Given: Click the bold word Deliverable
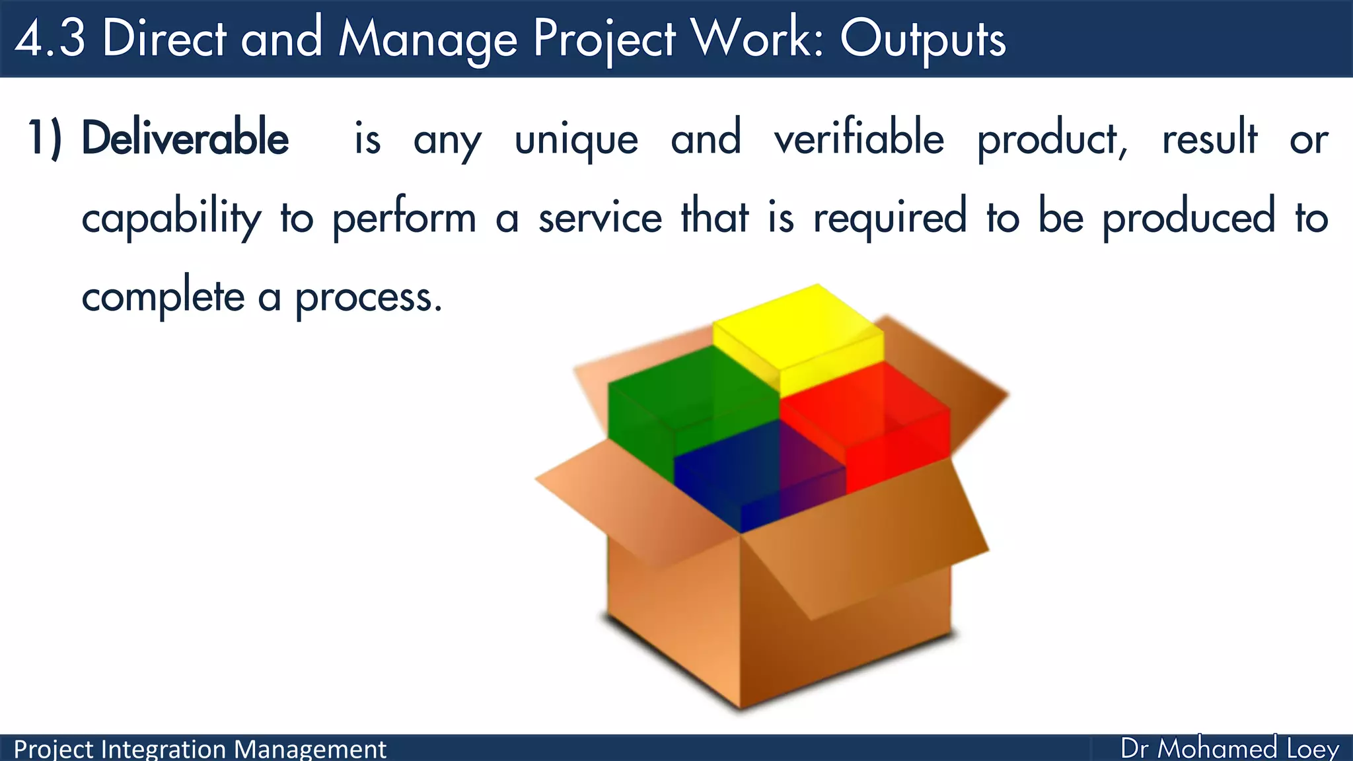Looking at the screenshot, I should tap(185, 139).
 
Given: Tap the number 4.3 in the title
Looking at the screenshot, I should tap(50, 38).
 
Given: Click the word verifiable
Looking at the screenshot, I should tap(859, 139).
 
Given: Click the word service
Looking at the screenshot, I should tap(600, 218).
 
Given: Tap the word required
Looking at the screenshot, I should tap(890, 218).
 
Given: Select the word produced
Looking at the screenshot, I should tap(1188, 218).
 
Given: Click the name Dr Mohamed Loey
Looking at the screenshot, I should tap(1229, 748).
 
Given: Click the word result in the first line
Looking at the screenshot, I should tap(1209, 139).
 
